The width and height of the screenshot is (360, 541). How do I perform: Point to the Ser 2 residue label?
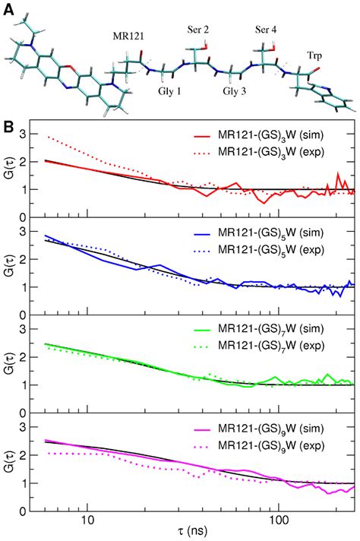[x=200, y=29]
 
